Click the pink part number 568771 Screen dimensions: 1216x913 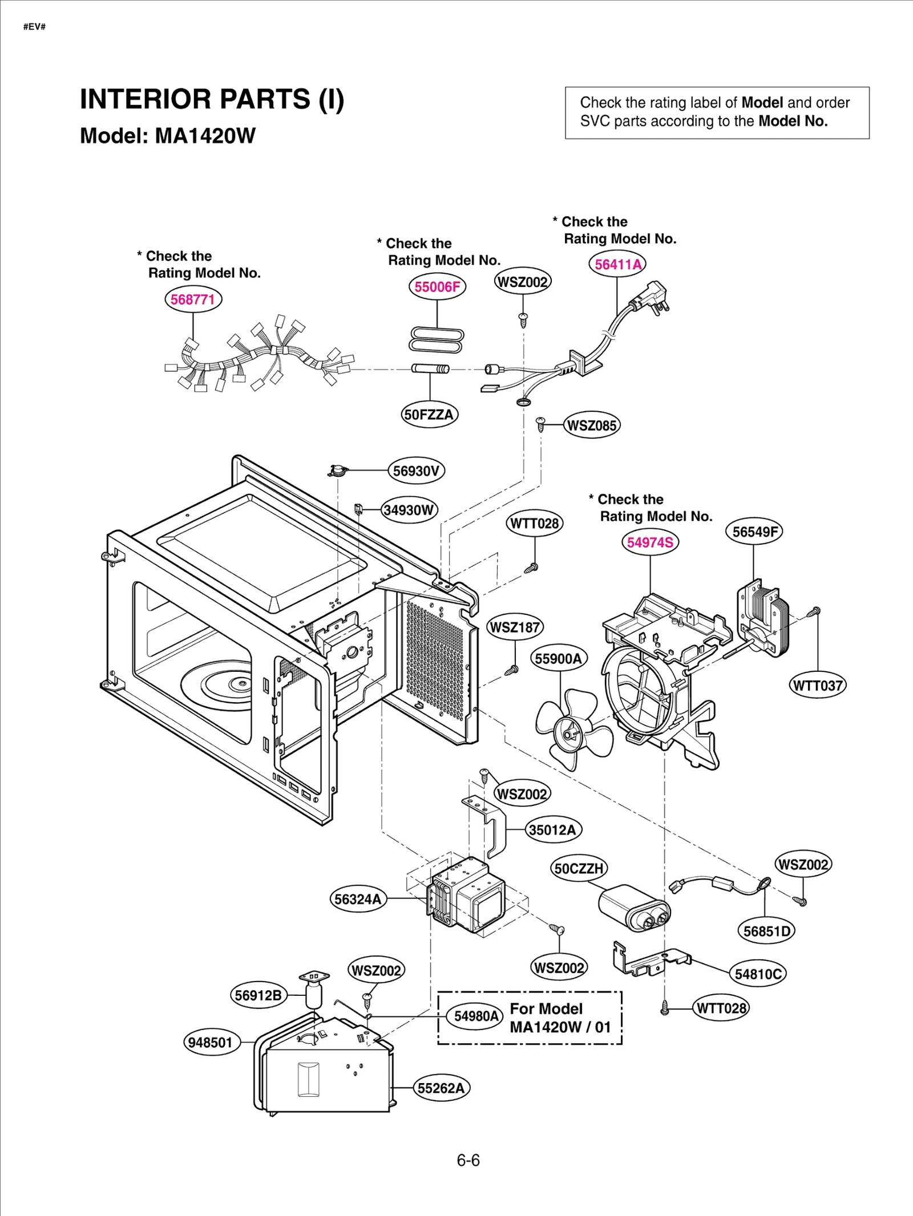(193, 299)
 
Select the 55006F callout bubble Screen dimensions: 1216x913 (437, 286)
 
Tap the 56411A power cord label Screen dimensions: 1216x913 (617, 264)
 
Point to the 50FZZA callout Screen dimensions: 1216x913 (429, 414)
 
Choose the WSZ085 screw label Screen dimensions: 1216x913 (592, 425)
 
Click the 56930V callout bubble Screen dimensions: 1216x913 (416, 471)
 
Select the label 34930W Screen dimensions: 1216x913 (409, 509)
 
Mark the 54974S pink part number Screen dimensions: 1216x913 (650, 542)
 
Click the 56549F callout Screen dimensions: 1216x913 (754, 532)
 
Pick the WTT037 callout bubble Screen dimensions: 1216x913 (818, 685)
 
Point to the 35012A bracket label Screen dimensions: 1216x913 (552, 829)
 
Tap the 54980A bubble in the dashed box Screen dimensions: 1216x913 (476, 1016)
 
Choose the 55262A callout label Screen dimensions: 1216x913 (441, 1088)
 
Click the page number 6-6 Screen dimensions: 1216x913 (468, 1160)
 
